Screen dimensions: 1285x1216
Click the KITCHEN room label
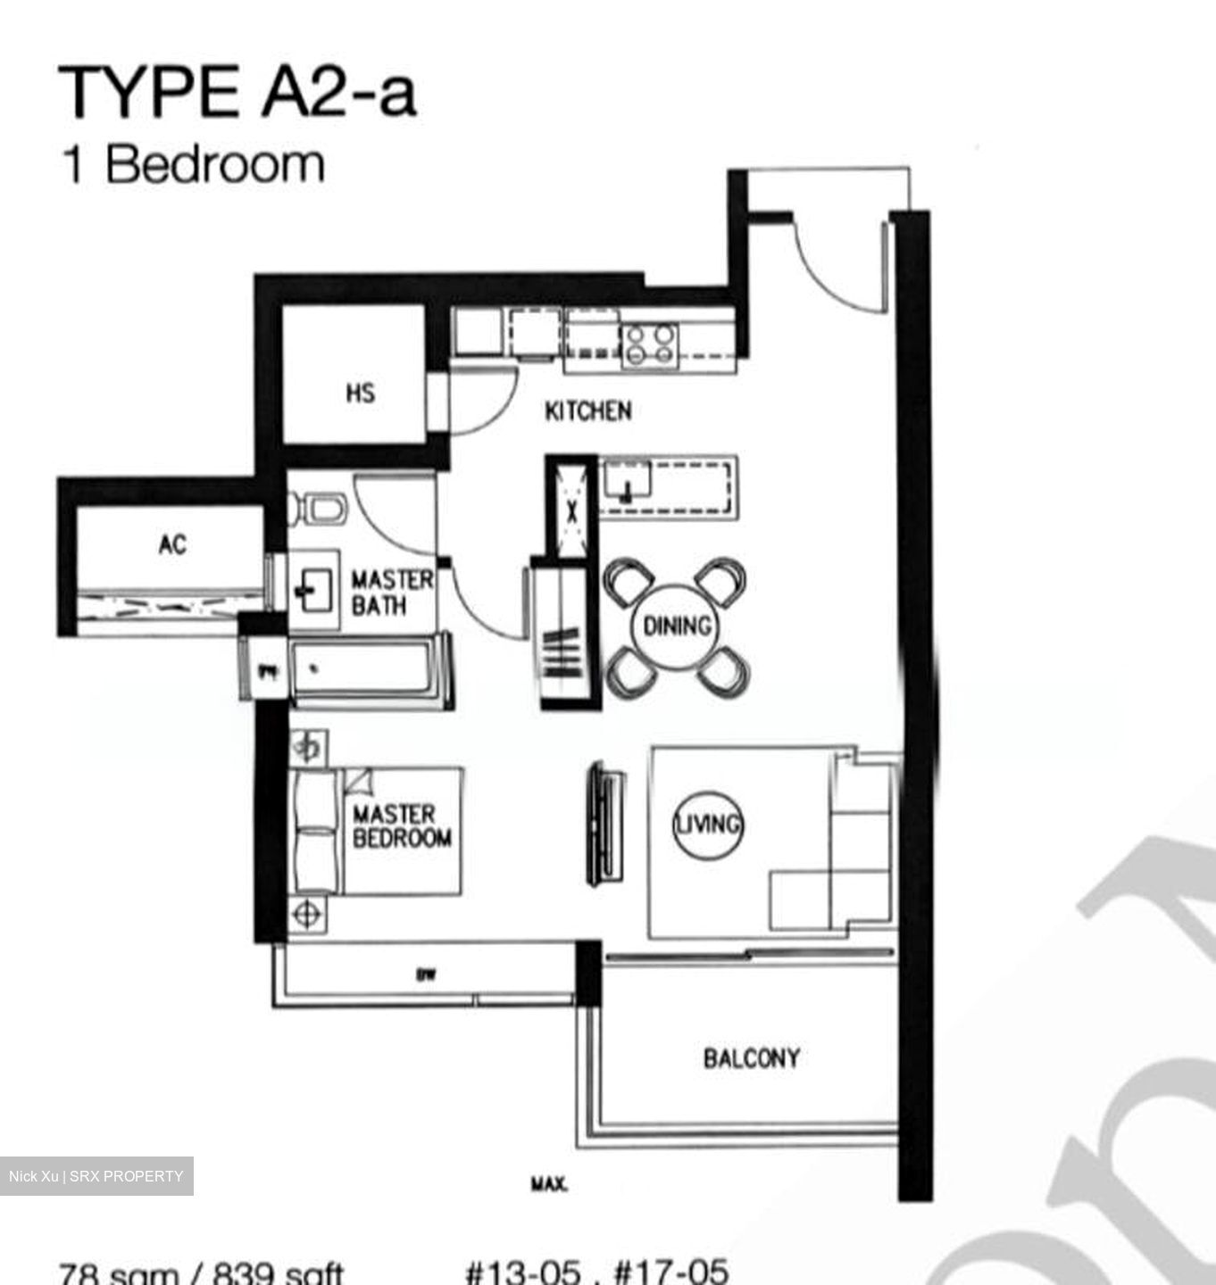588,411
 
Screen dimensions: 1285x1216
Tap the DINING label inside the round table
677,626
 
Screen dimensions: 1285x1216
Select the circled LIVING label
707,825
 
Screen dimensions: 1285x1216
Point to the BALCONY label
751,1058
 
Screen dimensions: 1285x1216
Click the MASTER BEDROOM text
401,826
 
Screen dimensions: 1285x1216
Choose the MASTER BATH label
391,593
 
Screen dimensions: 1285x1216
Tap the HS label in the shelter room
360,393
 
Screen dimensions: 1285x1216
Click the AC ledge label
172,544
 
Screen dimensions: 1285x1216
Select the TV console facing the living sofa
604,824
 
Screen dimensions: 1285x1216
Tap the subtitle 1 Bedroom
192,165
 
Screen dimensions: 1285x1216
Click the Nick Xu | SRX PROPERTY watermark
96,1176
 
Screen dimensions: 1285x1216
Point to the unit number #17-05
670,1271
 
